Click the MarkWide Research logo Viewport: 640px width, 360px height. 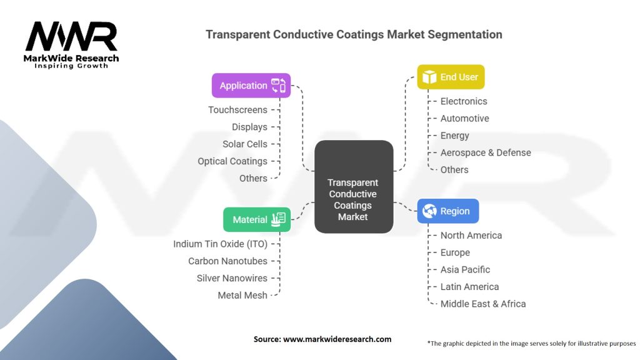point(71,44)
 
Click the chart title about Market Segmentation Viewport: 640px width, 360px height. point(354,34)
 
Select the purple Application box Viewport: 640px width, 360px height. point(251,86)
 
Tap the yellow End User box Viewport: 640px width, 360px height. point(450,77)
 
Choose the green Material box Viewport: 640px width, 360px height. point(257,219)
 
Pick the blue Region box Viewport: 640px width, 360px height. point(447,211)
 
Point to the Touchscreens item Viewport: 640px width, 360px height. point(237,110)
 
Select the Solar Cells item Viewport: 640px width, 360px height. point(245,144)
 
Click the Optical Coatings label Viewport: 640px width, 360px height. point(232,161)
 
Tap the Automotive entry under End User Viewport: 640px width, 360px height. point(464,118)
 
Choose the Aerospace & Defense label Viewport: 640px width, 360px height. point(486,152)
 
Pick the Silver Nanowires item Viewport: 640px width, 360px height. point(232,278)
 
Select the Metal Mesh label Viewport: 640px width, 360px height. point(242,295)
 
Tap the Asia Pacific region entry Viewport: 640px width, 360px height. point(465,269)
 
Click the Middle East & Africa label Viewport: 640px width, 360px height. point(483,304)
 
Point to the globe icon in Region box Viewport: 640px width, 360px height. point(429,211)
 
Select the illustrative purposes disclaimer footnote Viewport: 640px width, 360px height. point(531,343)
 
